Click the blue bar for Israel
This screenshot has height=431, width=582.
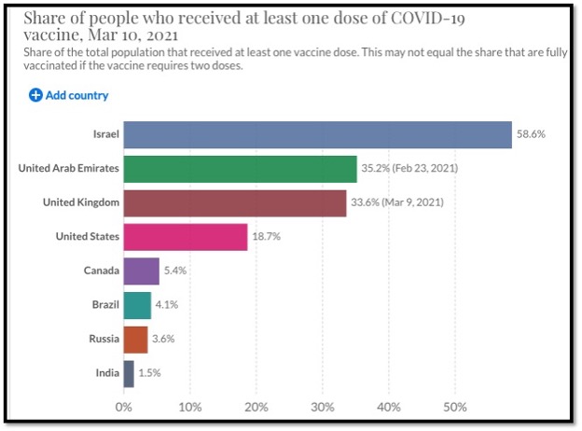click(x=317, y=134)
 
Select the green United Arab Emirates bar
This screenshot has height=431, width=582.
click(x=240, y=169)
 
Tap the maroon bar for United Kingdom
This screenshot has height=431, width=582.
click(x=234, y=202)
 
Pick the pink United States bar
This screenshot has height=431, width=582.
click(x=185, y=237)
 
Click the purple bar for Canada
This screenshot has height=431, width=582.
click(x=141, y=271)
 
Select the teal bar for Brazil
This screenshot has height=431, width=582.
click(x=137, y=305)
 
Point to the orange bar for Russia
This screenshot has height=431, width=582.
click(x=135, y=339)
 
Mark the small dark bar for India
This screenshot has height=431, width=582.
click(x=129, y=373)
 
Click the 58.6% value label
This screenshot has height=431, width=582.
click(x=531, y=134)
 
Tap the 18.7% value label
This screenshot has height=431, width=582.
click(x=266, y=237)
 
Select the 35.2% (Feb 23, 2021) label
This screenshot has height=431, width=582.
click(x=409, y=169)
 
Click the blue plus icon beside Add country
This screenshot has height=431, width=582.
click(x=36, y=95)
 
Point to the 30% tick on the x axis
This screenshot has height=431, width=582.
click(x=323, y=407)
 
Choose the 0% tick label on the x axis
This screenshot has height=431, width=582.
click(x=123, y=407)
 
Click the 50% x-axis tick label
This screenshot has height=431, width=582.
click(x=455, y=407)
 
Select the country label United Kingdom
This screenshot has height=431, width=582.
click(x=81, y=202)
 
